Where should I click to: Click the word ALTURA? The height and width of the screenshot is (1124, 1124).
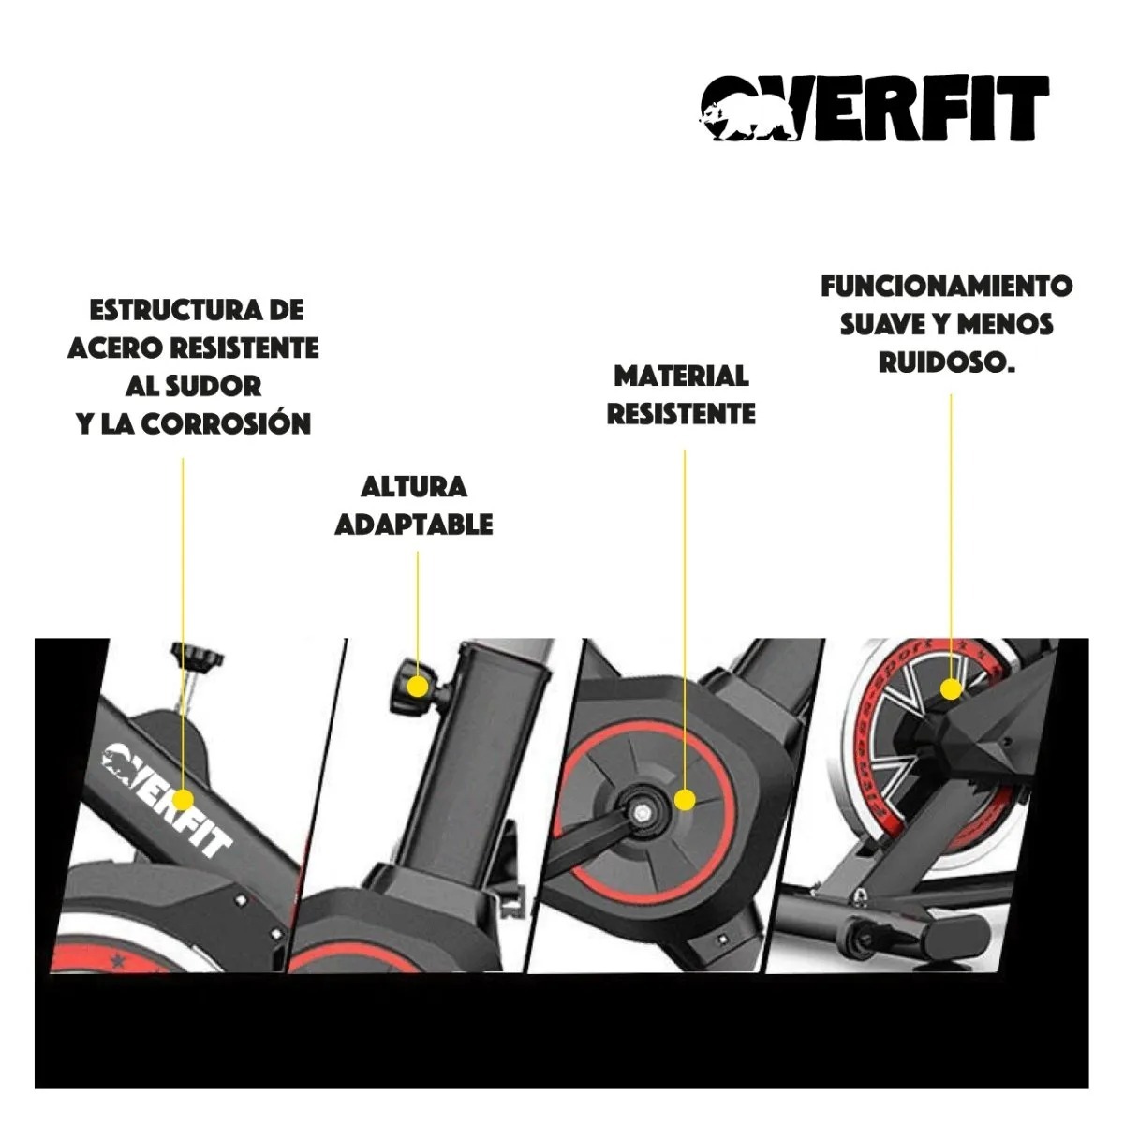tap(414, 487)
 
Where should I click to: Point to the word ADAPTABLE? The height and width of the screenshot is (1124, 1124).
tap(414, 525)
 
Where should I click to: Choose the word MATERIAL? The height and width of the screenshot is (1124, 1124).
tap(681, 376)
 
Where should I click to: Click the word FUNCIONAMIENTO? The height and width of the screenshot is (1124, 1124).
tap(947, 287)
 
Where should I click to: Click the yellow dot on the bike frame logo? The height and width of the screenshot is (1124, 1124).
tap(183, 800)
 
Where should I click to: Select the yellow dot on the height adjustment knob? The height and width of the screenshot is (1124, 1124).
tap(417, 687)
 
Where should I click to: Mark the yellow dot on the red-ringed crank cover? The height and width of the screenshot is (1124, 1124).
tap(685, 800)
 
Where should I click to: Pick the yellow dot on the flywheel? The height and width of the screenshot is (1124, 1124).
tap(951, 689)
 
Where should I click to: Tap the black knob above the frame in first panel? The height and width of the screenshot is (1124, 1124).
tap(197, 658)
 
